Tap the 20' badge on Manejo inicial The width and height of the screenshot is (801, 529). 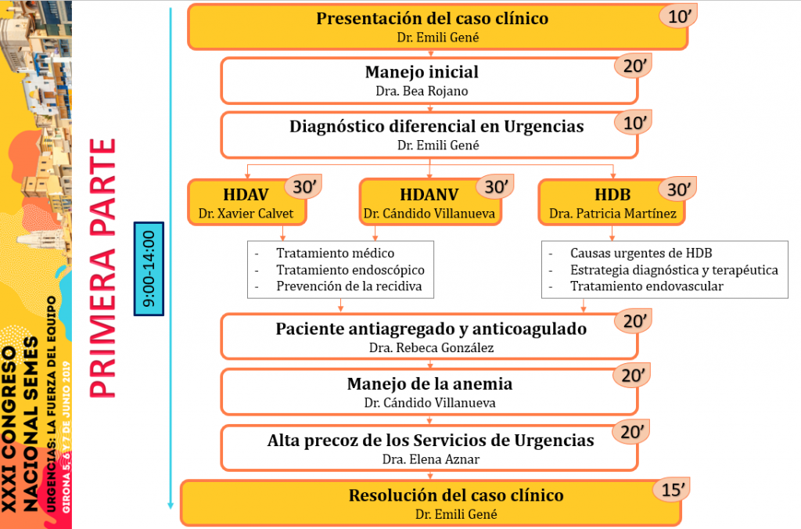[x=633, y=66]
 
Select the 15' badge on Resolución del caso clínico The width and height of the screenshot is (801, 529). [x=672, y=490]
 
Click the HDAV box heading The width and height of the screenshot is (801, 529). [x=246, y=195]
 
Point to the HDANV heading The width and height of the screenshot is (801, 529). [x=429, y=195]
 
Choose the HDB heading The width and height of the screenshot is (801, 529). [x=612, y=195]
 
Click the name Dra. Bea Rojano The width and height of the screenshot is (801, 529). [x=422, y=91]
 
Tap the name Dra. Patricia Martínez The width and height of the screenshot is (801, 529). [x=612, y=213]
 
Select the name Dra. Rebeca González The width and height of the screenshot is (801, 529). [x=431, y=347]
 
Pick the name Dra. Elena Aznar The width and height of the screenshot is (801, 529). [x=431, y=459]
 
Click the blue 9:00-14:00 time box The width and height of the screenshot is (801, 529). [x=149, y=269]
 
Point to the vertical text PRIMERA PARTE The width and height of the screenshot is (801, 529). [x=102, y=268]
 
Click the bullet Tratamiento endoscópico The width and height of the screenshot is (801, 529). [x=350, y=270]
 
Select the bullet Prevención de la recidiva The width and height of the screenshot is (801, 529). [x=349, y=286]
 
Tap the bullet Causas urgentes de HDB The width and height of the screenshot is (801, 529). [x=641, y=253]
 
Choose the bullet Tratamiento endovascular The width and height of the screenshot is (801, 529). [x=647, y=286]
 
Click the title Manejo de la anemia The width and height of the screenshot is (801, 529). [x=429, y=384]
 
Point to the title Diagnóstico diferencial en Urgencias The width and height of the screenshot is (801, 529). [x=436, y=126]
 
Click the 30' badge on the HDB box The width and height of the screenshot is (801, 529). [x=678, y=189]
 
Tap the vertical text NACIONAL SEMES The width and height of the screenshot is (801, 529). [x=31, y=423]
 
